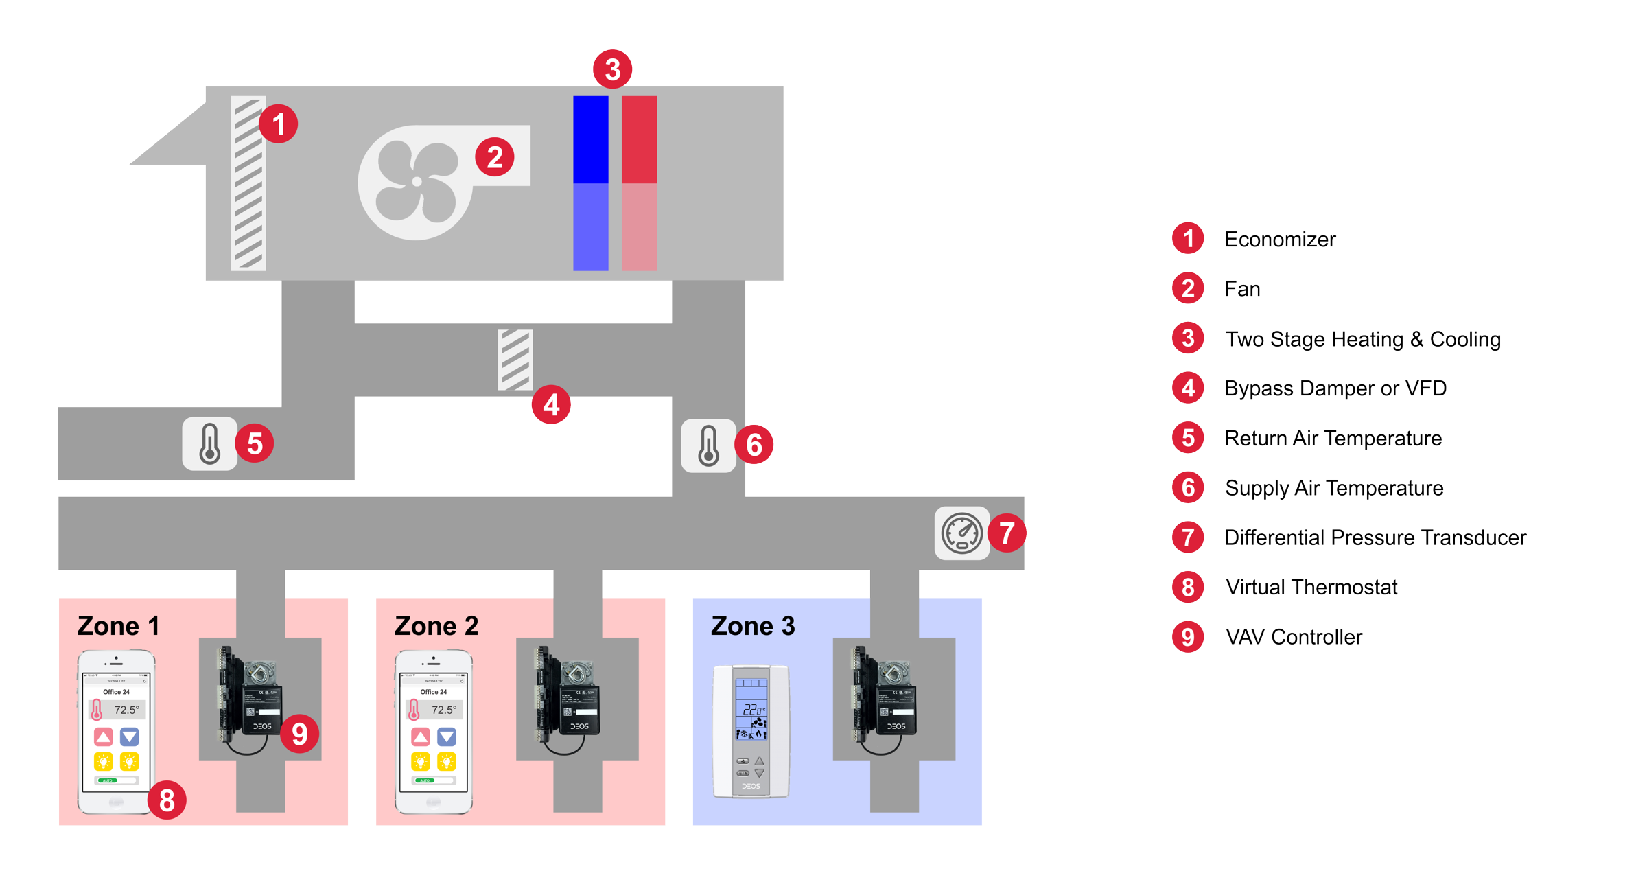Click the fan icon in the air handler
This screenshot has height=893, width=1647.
coord(416,182)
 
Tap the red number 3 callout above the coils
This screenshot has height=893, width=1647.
coord(612,69)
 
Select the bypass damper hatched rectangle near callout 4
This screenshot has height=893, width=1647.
coord(515,360)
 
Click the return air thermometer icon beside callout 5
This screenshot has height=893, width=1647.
coord(209,443)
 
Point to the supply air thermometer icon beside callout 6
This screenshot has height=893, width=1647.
coord(708,445)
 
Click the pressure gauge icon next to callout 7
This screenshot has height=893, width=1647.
coord(961,533)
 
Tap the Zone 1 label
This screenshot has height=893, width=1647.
coord(118,626)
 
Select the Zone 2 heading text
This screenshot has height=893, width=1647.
coord(436,626)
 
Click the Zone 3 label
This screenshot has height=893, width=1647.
coord(753,626)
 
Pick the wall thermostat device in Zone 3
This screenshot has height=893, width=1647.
coord(751,731)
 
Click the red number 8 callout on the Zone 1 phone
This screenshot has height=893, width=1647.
coord(167,800)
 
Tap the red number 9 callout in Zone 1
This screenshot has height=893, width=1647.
coord(299,734)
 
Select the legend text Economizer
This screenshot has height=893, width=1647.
coord(1280,240)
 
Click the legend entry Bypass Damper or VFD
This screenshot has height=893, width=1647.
coord(1335,388)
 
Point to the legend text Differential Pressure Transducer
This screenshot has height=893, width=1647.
coord(1375,537)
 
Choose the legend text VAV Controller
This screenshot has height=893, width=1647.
coord(1294,637)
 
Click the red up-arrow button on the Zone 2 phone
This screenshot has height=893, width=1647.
coord(421,737)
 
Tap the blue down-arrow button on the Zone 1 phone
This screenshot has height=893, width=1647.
coord(130,737)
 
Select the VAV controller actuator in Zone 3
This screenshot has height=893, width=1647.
coord(885,697)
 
